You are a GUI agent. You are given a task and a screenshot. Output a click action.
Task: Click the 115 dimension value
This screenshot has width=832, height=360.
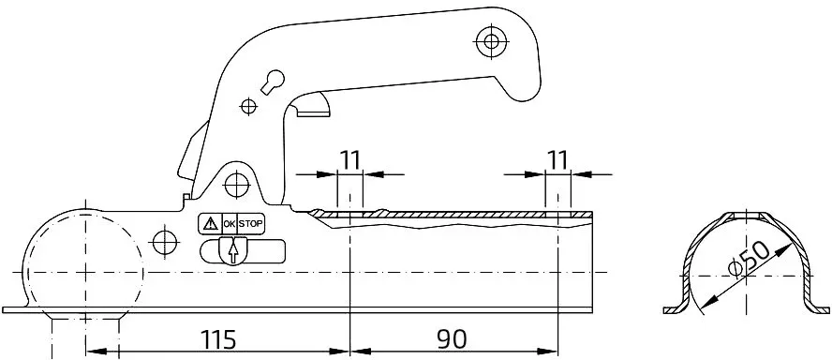pyautogui.click(x=218, y=339)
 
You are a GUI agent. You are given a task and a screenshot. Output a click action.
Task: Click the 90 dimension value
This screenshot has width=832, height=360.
pyautogui.click(x=453, y=339)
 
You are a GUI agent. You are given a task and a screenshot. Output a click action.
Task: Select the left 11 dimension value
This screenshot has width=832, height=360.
pyautogui.click(x=349, y=159)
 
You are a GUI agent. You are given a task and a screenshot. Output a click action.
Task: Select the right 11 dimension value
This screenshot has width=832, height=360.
pyautogui.click(x=557, y=159)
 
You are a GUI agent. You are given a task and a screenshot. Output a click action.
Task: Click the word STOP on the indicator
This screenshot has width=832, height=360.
pyautogui.click(x=250, y=223)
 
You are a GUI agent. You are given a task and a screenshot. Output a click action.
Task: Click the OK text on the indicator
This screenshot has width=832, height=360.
pyautogui.click(x=230, y=223)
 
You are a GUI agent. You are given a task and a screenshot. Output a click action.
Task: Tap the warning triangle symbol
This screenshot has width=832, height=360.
pyautogui.click(x=211, y=223)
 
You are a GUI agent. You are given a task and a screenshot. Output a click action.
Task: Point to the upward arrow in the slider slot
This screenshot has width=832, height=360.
pyautogui.click(x=232, y=251)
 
